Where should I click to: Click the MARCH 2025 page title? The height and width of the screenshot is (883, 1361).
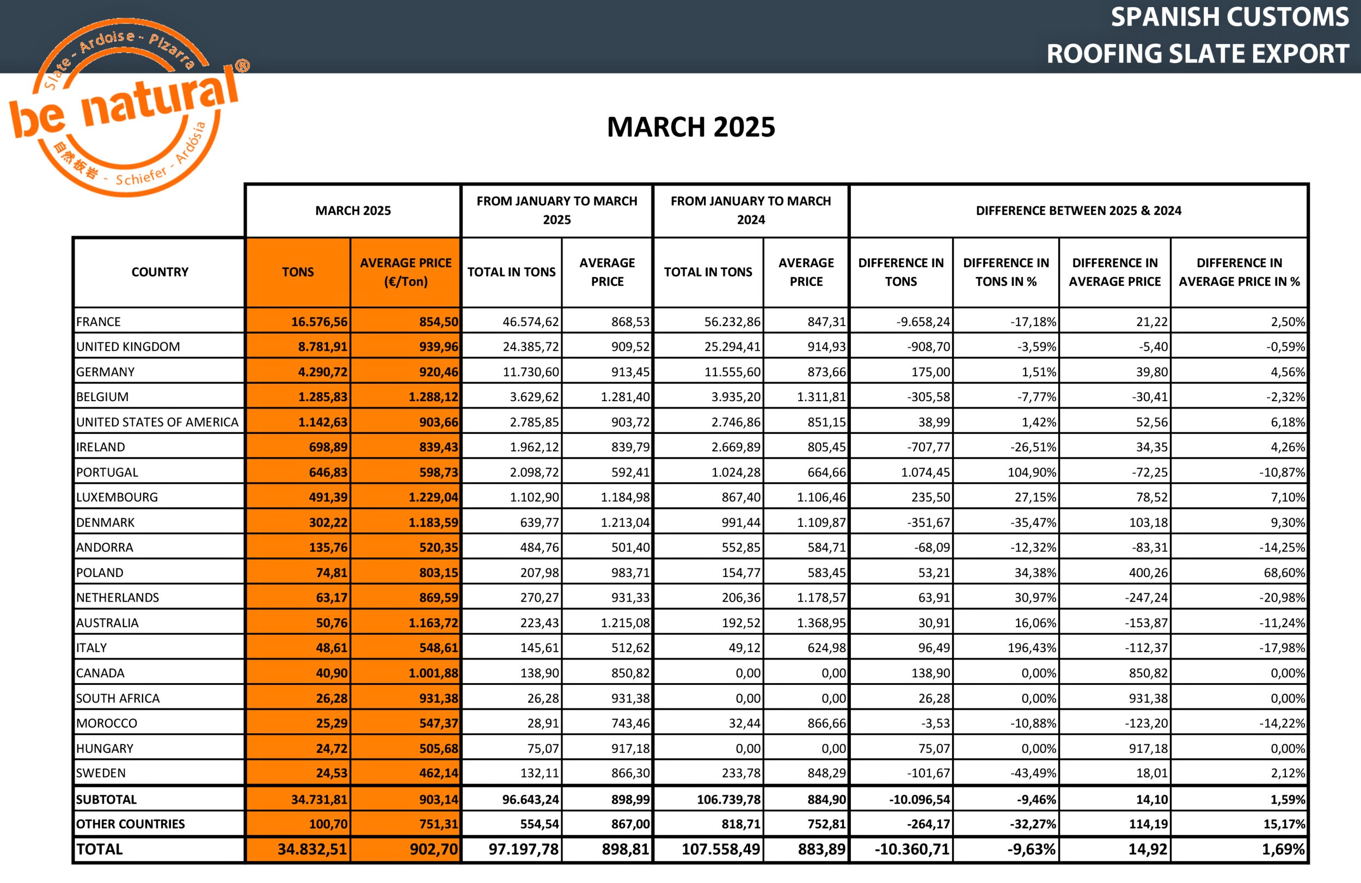pyautogui.click(x=691, y=127)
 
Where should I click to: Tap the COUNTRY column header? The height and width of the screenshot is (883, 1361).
pyautogui.click(x=160, y=272)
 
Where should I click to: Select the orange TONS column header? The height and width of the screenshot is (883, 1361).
pyautogui.click(x=297, y=272)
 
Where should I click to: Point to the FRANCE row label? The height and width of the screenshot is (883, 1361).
pyautogui.click(x=99, y=322)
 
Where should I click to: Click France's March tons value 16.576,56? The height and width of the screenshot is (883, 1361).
pyautogui.click(x=319, y=322)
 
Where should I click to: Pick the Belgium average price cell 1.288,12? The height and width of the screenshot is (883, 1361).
pyautogui.click(x=433, y=397)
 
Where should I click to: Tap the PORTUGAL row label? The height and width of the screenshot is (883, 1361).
pyautogui.click(x=107, y=473)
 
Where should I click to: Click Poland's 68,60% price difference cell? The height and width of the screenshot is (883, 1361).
pyautogui.click(x=1284, y=573)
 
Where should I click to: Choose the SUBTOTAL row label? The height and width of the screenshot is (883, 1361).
pyautogui.click(x=106, y=800)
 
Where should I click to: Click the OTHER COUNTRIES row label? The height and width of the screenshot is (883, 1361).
pyautogui.click(x=130, y=824)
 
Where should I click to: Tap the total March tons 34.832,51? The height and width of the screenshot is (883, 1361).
pyautogui.click(x=312, y=849)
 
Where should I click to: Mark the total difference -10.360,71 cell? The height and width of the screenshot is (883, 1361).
pyautogui.click(x=911, y=849)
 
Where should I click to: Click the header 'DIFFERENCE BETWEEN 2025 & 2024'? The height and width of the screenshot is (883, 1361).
pyautogui.click(x=1078, y=211)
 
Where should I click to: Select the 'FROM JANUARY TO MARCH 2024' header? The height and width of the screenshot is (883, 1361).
pyautogui.click(x=750, y=211)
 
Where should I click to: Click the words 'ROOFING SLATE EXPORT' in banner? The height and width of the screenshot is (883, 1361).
pyautogui.click(x=1198, y=54)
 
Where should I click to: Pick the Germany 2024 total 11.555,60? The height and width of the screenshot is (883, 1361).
pyautogui.click(x=732, y=372)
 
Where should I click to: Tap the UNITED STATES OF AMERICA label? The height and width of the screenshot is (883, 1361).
pyautogui.click(x=157, y=422)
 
